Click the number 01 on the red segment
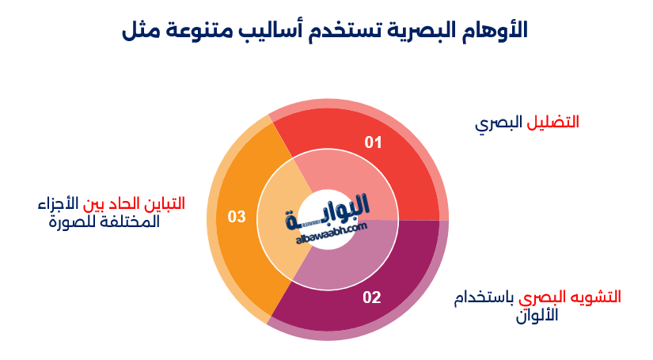point(373,142)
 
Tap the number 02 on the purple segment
point(372,298)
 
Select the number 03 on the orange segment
point(237,216)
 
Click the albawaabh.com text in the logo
point(331,229)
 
